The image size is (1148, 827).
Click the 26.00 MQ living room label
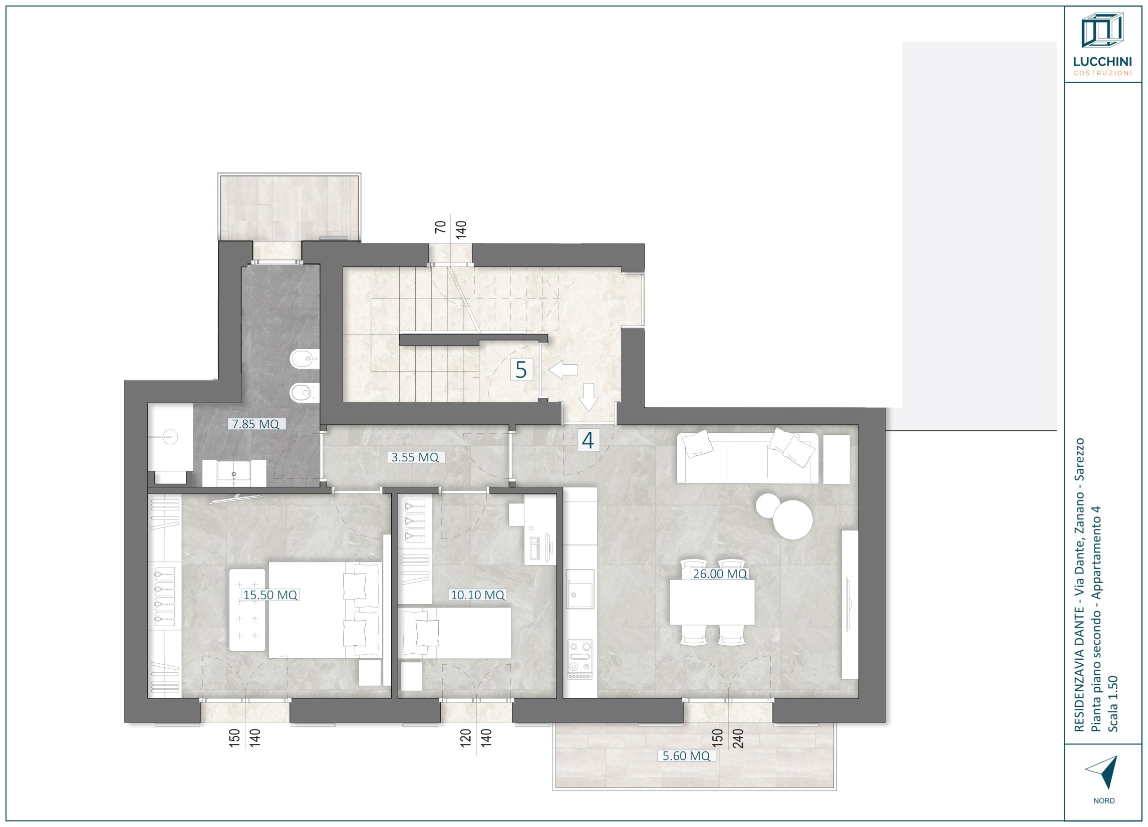tap(720, 574)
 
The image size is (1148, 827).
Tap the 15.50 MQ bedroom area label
tap(270, 595)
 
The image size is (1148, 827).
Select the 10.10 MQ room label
tap(477, 595)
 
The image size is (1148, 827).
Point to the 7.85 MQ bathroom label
tap(255, 424)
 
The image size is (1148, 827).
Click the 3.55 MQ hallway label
tap(415, 457)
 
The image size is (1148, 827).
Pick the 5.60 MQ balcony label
tap(686, 756)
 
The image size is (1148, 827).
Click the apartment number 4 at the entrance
tap(588, 440)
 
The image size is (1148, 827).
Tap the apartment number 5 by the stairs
tap(521, 370)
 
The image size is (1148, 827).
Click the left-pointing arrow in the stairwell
tap(563, 370)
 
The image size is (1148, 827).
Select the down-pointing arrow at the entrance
tap(588, 397)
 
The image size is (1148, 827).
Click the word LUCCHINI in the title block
tap(1102, 62)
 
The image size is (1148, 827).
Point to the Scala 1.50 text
tap(1113, 704)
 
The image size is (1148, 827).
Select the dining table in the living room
tap(712, 602)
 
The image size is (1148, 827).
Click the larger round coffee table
tap(793, 520)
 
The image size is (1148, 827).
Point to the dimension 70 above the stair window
tap(441, 226)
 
